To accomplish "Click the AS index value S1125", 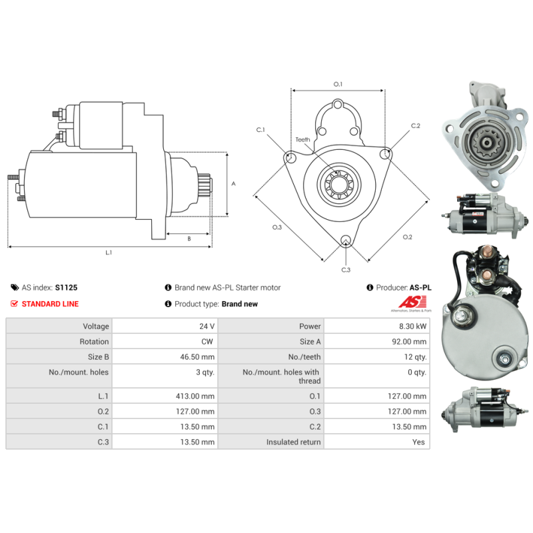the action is [x=66, y=288].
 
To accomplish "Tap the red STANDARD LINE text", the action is [x=50, y=304].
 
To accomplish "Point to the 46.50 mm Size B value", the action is [x=197, y=357].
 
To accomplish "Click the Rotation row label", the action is [x=94, y=342].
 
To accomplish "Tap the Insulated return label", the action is [x=293, y=442].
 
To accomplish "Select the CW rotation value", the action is [x=207, y=342].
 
